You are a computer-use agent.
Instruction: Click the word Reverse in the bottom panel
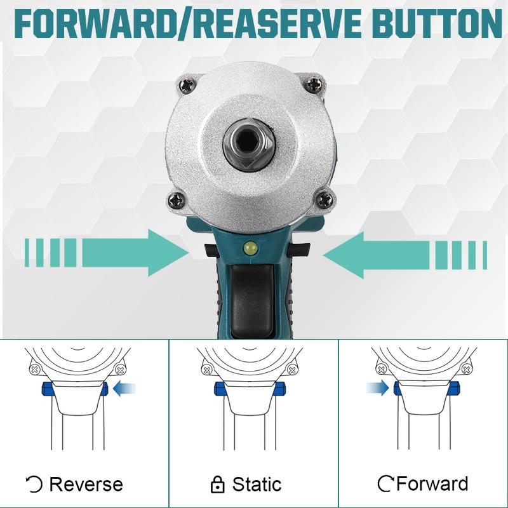(86, 485)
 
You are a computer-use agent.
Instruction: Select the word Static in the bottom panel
(257, 485)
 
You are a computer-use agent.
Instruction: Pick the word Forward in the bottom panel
(432, 485)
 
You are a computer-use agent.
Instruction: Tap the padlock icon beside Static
(217, 485)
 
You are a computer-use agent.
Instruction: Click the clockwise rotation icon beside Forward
(385, 485)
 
